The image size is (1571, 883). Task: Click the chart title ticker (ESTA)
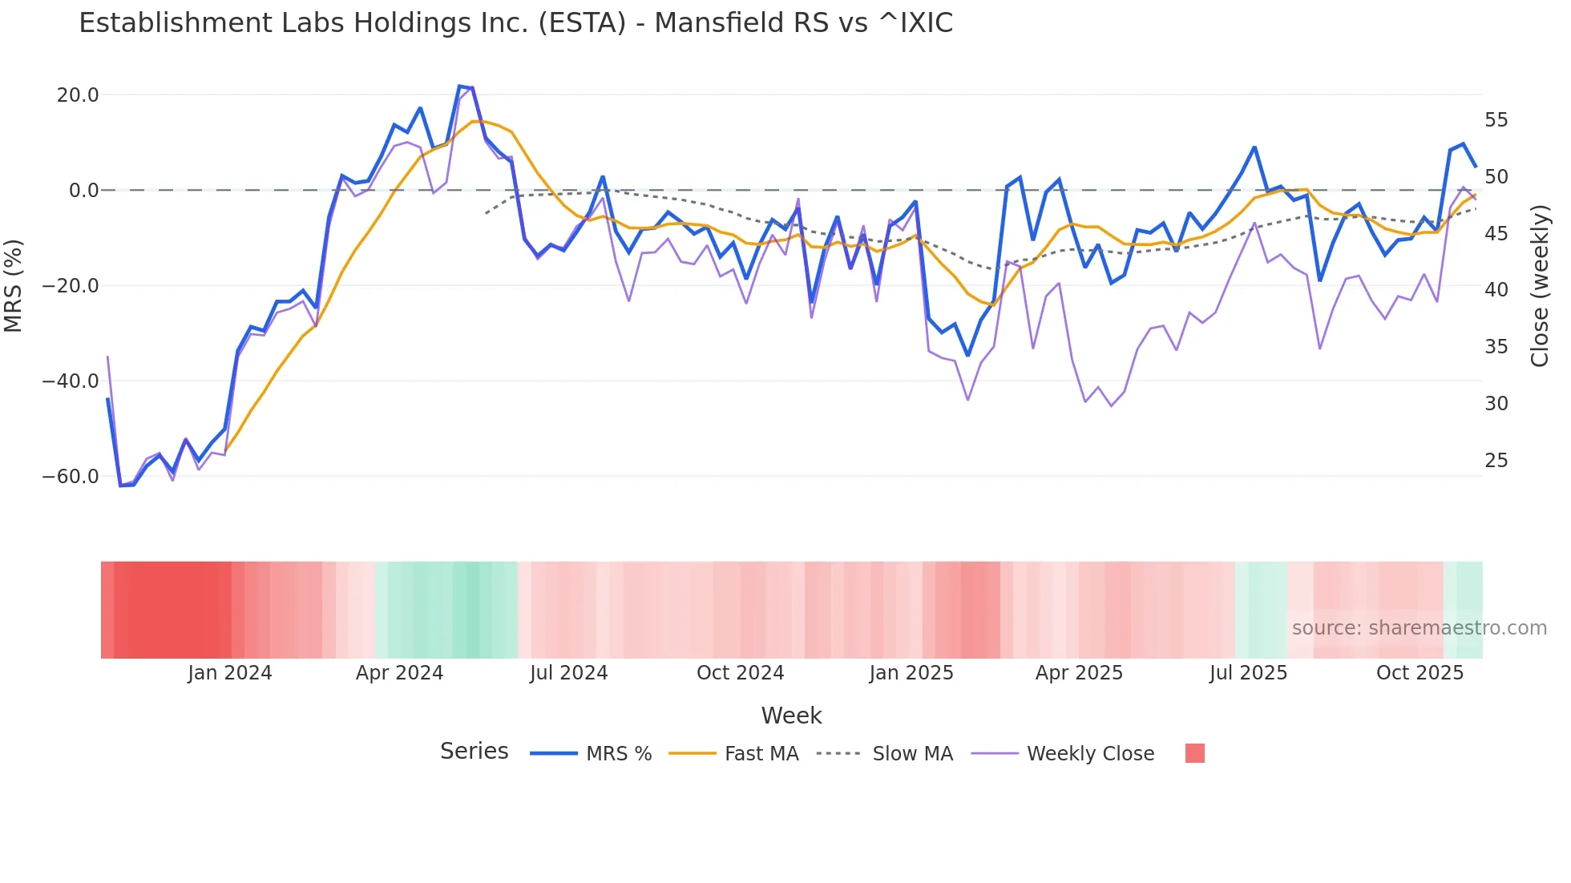[x=582, y=23]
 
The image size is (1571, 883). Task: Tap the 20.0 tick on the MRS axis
[x=78, y=95]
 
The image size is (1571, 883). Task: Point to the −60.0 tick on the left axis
[x=71, y=477]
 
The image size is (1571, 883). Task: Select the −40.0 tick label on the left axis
[x=71, y=381]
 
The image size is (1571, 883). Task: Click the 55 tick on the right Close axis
[x=1496, y=120]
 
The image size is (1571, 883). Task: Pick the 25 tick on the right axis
[x=1496, y=461]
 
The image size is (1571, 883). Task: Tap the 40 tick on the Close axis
[x=1496, y=290]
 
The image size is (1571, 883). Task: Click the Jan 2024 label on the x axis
[x=230, y=673]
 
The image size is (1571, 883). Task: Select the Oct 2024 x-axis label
[x=740, y=673]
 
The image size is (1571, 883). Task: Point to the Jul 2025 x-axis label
[x=1248, y=673]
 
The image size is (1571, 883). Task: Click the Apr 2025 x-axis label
[x=1079, y=673]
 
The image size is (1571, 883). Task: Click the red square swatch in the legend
[x=1194, y=753]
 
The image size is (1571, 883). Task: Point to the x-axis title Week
[x=791, y=716]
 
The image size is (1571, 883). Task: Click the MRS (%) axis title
[x=14, y=285]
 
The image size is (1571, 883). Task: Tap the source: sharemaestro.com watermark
[x=1419, y=628]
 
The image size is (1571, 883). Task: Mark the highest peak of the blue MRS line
[x=460, y=86]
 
